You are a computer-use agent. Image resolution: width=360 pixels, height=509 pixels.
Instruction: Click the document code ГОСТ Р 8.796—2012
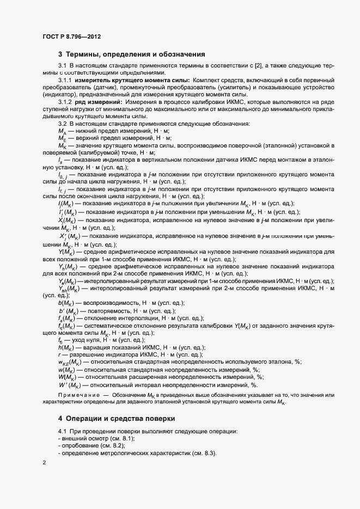(71, 36)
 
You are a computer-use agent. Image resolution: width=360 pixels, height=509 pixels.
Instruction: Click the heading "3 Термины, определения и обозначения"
(131, 54)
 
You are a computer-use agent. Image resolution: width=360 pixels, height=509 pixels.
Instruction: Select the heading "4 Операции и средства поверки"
(117, 419)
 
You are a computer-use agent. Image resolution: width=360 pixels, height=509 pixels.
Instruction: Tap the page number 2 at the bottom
(44, 463)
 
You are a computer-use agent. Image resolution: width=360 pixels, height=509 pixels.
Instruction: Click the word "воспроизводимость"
(108, 303)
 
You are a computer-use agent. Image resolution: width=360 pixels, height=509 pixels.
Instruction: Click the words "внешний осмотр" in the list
(85, 439)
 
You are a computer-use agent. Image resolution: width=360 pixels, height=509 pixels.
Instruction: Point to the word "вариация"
(93, 347)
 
